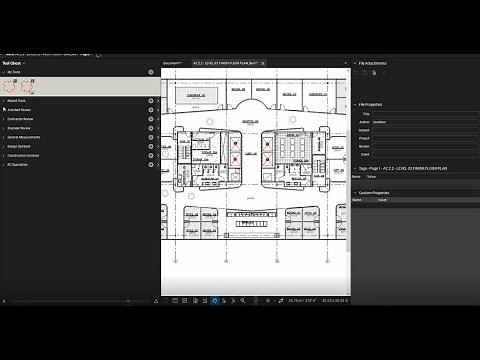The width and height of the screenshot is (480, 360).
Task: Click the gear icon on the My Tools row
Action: coord(151,72)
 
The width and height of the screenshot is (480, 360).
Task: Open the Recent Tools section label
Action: coord(18,101)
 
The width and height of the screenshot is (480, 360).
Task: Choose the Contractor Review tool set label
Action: coord(22,119)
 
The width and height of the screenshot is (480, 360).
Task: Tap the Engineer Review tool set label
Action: coord(21,128)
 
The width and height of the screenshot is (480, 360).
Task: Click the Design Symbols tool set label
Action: coord(21,146)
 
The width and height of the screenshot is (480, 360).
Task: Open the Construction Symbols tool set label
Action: coord(25,155)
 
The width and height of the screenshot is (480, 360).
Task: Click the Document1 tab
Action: coord(173,63)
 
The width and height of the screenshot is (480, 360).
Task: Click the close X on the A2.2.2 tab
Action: coord(261,63)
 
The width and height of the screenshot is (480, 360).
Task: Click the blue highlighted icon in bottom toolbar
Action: coord(214,299)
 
